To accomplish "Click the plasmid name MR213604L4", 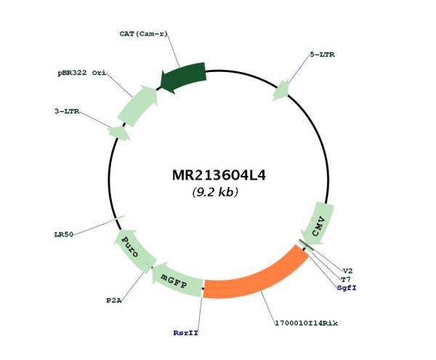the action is tap(219, 175).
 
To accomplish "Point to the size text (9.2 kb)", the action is tap(215, 192).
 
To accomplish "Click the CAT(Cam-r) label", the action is tap(143, 34).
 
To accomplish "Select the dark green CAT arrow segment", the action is tap(184, 77).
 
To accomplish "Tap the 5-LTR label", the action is tap(322, 55).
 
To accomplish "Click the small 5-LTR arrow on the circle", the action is tap(280, 91).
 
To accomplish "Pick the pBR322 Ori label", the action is tap(81, 73).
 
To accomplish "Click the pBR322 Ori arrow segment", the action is tap(138, 105).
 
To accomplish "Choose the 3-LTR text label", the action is tap(67, 111).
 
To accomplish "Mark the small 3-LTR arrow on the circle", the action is tap(119, 132).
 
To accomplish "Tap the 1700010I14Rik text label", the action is tap(307, 324).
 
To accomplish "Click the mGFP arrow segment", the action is tap(177, 280).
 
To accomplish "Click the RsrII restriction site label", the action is tap(186, 333).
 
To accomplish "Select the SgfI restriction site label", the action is tap(347, 288).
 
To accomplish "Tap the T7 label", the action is tap(346, 279).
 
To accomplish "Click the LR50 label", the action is tap(64, 234).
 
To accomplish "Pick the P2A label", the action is tap(114, 300).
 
